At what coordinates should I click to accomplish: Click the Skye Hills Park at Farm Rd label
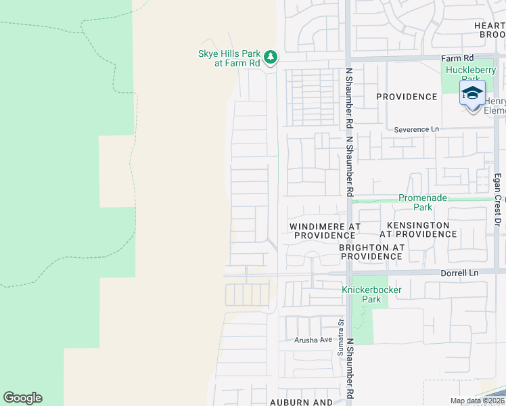coord(228,58)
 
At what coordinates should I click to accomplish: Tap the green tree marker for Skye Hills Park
coord(271,56)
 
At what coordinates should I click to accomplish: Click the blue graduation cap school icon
coord(472,93)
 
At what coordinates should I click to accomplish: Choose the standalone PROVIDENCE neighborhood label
coord(407,97)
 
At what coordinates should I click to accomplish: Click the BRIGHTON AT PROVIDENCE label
coord(371,252)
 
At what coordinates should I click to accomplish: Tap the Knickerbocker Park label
coord(371,294)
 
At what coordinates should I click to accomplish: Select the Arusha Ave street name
coord(313,340)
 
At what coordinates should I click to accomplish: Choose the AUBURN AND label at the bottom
coord(301,402)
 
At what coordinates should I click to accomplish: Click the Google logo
coord(22,398)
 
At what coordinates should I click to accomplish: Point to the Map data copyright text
coord(476,401)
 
